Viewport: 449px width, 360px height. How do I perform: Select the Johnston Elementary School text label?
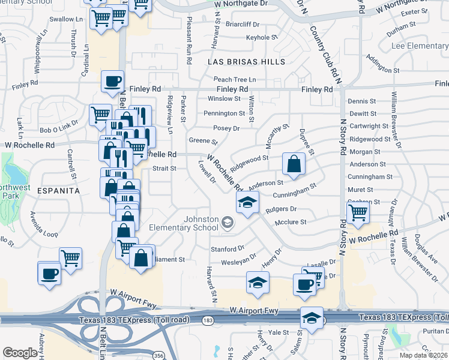(191, 223)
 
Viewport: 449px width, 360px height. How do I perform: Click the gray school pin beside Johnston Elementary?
(228, 224)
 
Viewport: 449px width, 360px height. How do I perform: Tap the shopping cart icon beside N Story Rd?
(358, 212)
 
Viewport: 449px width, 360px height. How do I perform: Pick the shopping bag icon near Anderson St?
(294, 164)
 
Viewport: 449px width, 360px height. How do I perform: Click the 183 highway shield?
(208, 321)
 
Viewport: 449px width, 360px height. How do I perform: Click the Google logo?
(20, 353)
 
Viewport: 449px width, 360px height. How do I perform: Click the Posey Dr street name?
(226, 128)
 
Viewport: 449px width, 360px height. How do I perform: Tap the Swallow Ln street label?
(62, 19)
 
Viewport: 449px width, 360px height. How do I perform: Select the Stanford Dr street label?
(227, 248)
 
